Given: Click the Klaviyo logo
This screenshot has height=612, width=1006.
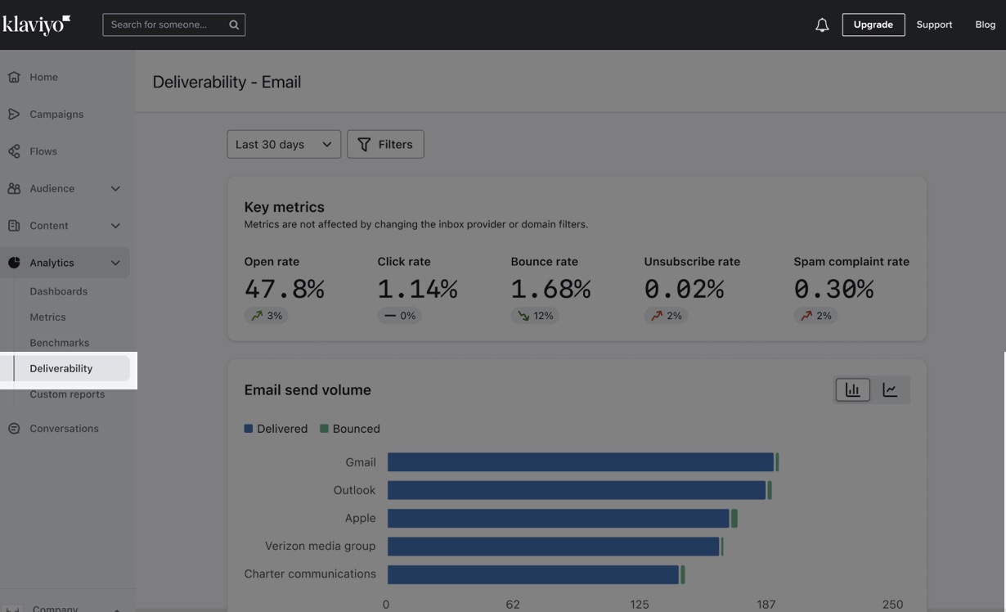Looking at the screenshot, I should tap(36, 25).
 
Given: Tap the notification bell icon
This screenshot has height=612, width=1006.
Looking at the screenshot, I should tap(822, 25).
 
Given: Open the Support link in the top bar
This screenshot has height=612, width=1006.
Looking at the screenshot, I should tap(934, 25).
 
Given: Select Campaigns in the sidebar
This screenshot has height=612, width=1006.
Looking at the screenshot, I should tap(56, 115).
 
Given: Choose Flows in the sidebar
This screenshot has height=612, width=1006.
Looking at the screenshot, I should tap(43, 151).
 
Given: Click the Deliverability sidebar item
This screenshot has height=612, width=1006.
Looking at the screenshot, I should tap(61, 368).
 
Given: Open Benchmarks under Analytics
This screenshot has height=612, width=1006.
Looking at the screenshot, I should tap(60, 343).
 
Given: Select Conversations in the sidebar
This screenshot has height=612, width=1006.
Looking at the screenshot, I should tap(64, 429).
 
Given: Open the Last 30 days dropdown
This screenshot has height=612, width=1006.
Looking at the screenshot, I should tap(284, 144).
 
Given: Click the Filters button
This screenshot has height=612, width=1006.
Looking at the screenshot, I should tap(385, 144).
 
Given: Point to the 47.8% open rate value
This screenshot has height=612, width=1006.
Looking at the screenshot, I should tap(284, 289).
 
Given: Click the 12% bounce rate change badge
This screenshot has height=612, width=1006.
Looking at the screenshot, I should tap(535, 316).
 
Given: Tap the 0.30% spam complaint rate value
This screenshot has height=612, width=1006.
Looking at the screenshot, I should tap(833, 289).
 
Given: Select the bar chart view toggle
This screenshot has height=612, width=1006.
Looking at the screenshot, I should tap(852, 390).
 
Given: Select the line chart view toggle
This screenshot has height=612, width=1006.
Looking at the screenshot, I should tap(890, 390).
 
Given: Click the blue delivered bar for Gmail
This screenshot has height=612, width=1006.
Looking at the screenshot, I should tap(580, 462).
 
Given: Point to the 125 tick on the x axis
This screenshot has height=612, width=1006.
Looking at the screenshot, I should tap(640, 605).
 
